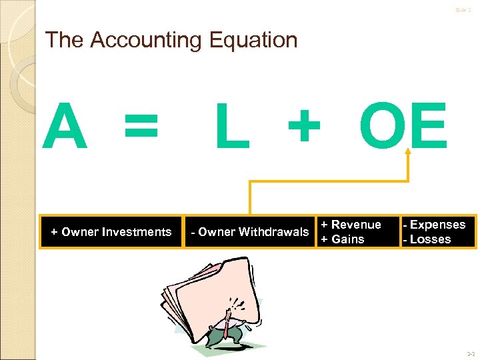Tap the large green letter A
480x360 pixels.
click(65, 127)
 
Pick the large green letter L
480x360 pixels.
click(232, 127)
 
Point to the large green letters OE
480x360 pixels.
click(403, 127)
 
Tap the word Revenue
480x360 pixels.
click(356, 225)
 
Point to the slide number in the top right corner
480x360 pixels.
click(463, 10)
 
